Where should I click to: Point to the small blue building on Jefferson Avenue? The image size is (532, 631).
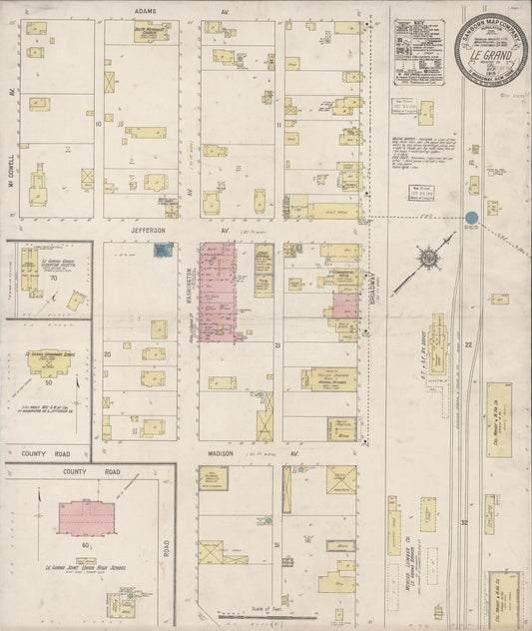point(159,251)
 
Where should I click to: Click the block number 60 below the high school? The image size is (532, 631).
point(87,547)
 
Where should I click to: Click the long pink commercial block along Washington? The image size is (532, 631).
point(217,291)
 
